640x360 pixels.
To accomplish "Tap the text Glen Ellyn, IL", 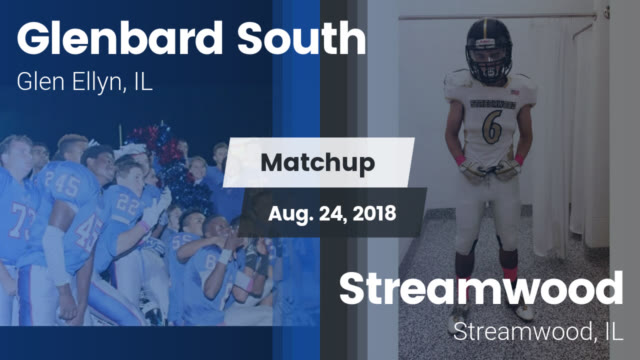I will pos(84,85).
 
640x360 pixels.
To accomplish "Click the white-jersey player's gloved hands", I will pos(489,169).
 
